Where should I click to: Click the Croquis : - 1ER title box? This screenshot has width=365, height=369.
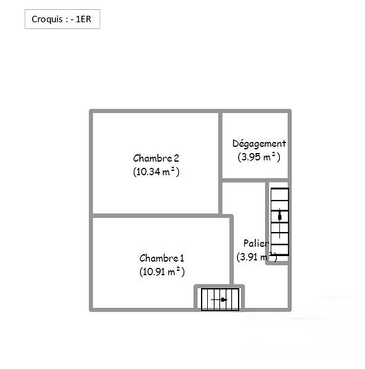click(62, 19)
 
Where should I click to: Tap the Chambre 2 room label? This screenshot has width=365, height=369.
click(156, 158)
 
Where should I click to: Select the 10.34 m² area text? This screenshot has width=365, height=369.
click(156, 172)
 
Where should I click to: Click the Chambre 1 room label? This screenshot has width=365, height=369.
click(162, 258)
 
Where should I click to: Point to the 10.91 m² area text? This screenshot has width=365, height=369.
click(162, 272)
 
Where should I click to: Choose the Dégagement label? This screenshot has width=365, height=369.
click(259, 144)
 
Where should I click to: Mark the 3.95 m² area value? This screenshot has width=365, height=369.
click(259, 157)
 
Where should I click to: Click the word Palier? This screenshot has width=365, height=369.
click(256, 243)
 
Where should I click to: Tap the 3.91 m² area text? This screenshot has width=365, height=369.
click(256, 257)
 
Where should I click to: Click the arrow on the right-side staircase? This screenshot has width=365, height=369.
click(280, 223)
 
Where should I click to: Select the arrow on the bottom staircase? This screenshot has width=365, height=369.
click(219, 299)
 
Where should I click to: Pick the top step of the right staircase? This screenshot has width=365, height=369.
click(280, 194)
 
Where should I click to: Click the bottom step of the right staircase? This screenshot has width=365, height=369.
click(280, 250)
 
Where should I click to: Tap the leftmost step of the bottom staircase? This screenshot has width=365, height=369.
click(204, 299)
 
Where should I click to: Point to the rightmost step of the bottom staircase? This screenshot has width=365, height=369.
click(235, 299)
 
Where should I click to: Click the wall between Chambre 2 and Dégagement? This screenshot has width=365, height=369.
click(220, 162)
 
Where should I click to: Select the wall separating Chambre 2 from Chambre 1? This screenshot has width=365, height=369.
click(156, 215)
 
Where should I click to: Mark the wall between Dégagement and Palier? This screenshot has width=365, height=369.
click(255, 180)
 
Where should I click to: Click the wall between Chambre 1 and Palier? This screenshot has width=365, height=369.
click(231, 250)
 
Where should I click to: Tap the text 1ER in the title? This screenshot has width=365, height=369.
click(83, 19)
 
